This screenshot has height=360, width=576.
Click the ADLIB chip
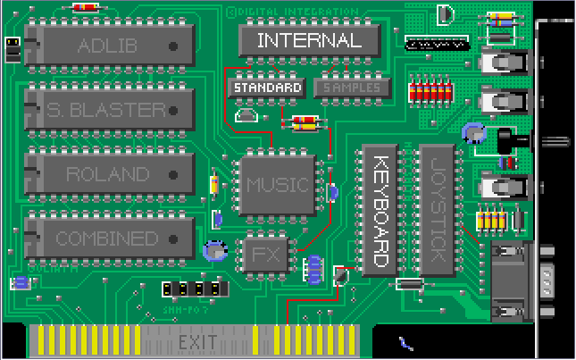pyautogui.click(x=109, y=45)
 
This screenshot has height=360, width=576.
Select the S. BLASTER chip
pyautogui.click(x=109, y=110)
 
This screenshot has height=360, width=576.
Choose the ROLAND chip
pyautogui.click(x=109, y=174)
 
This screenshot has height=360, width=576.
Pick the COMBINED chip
pyautogui.click(x=109, y=239)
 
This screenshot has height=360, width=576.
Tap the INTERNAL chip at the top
pyautogui.click(x=309, y=40)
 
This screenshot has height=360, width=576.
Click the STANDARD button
pyautogui.click(x=267, y=88)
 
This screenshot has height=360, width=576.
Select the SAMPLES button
pyautogui.click(x=352, y=88)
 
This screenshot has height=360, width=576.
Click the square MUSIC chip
pyautogui.click(x=277, y=186)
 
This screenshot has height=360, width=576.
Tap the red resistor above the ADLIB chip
pyautogui.click(x=87, y=7)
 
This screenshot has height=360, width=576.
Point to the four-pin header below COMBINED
pyautogui.click(x=194, y=289)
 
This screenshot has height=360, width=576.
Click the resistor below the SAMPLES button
pyautogui.click(x=305, y=123)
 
